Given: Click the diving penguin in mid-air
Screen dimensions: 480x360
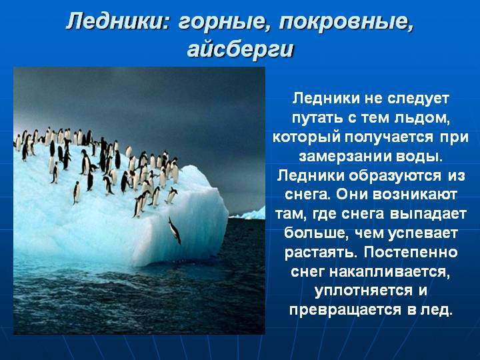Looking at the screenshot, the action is (x=175, y=230).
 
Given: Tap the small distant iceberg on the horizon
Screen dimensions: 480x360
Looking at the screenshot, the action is (x=253, y=214).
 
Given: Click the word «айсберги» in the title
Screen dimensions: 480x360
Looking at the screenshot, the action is (x=241, y=49).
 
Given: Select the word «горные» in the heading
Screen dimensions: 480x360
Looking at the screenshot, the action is (x=221, y=22).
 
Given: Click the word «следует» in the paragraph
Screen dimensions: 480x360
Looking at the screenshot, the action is (x=418, y=98).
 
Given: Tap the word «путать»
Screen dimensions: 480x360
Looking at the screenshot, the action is (x=317, y=119).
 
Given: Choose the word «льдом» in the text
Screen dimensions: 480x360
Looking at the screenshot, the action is (x=420, y=118).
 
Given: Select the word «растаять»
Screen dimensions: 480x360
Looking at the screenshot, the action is (x=321, y=253).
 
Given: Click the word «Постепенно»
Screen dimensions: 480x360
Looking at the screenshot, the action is (x=411, y=252).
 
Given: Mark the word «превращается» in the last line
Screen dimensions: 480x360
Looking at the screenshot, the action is (x=345, y=310).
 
